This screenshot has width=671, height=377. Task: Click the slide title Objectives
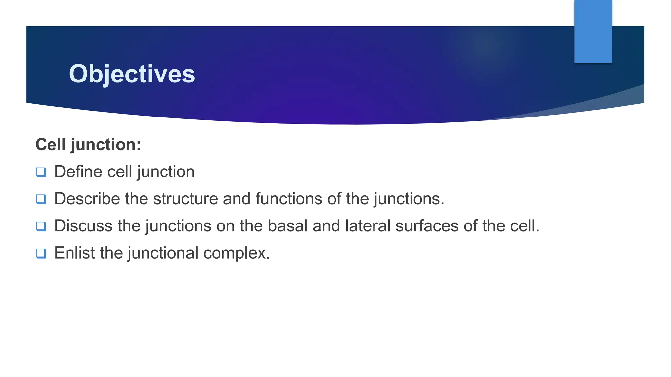tap(132, 74)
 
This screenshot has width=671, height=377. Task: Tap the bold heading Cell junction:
tap(88, 145)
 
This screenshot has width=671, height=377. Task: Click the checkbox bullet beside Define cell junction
tap(41, 172)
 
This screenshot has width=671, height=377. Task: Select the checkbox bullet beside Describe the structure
tap(41, 199)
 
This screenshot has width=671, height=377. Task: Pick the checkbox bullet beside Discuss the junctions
tap(41, 226)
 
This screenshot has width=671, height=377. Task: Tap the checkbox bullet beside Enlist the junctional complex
tap(41, 253)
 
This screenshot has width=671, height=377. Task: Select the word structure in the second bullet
tap(185, 199)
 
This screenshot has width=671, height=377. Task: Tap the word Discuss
tap(83, 226)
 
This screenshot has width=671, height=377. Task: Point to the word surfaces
tap(427, 226)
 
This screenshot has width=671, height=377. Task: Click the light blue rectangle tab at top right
tap(593, 31)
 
